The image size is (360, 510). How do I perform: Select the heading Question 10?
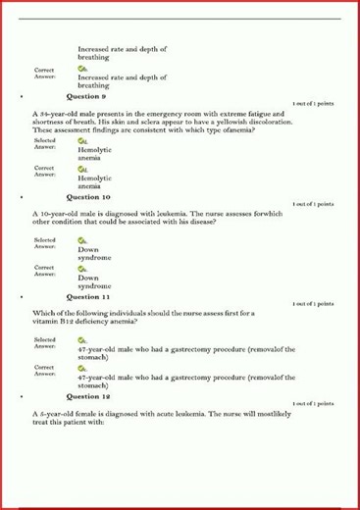click(x=88, y=197)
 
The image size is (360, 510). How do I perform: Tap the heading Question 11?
click(x=88, y=296)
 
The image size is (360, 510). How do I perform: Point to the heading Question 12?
click(x=88, y=396)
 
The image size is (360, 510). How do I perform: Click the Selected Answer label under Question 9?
click(x=44, y=144)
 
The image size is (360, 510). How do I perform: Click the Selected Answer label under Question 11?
click(x=44, y=342)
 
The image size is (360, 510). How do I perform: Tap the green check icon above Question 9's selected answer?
click(x=82, y=141)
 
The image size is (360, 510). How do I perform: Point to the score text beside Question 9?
click(x=313, y=103)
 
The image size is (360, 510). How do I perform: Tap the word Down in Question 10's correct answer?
click(x=88, y=278)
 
